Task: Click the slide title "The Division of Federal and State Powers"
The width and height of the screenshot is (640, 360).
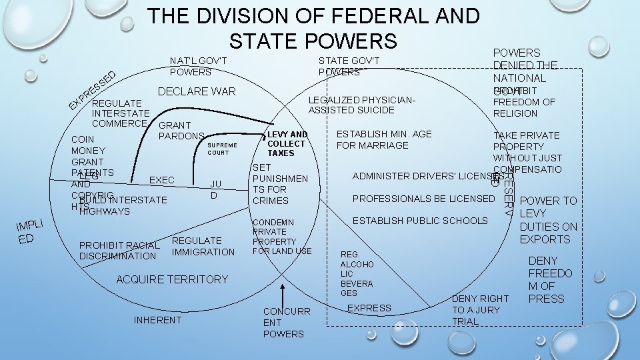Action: point(313,28)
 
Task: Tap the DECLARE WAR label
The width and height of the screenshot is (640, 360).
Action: point(196,91)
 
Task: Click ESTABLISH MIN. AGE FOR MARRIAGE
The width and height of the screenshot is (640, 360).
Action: point(384,139)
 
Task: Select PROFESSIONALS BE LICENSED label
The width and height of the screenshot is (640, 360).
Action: point(423,199)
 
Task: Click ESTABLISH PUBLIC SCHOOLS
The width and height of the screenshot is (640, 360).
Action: point(420,220)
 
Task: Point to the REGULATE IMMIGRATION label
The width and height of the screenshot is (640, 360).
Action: point(203,246)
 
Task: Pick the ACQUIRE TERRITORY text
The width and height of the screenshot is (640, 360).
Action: point(172,279)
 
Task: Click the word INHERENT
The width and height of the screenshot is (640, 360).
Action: point(157,320)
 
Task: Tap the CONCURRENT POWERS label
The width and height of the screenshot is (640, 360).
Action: point(284,323)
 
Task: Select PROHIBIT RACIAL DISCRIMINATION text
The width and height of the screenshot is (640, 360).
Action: point(119,251)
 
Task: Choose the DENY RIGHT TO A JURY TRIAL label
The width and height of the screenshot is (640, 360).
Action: point(479,310)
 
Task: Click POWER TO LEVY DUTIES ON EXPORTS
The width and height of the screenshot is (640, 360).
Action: point(548,220)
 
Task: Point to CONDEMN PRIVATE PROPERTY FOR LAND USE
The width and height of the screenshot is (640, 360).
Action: point(282,236)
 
